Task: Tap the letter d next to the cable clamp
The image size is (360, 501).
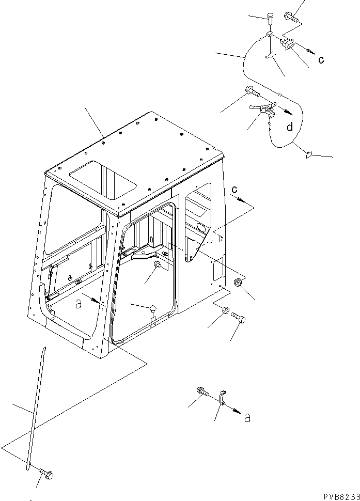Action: [x=291, y=126]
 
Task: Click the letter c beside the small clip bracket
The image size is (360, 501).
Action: [x=321, y=59]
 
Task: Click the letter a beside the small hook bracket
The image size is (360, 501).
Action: [x=247, y=418]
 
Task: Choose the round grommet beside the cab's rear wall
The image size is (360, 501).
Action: [x=238, y=284]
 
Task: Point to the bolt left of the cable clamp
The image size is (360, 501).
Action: [x=252, y=92]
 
